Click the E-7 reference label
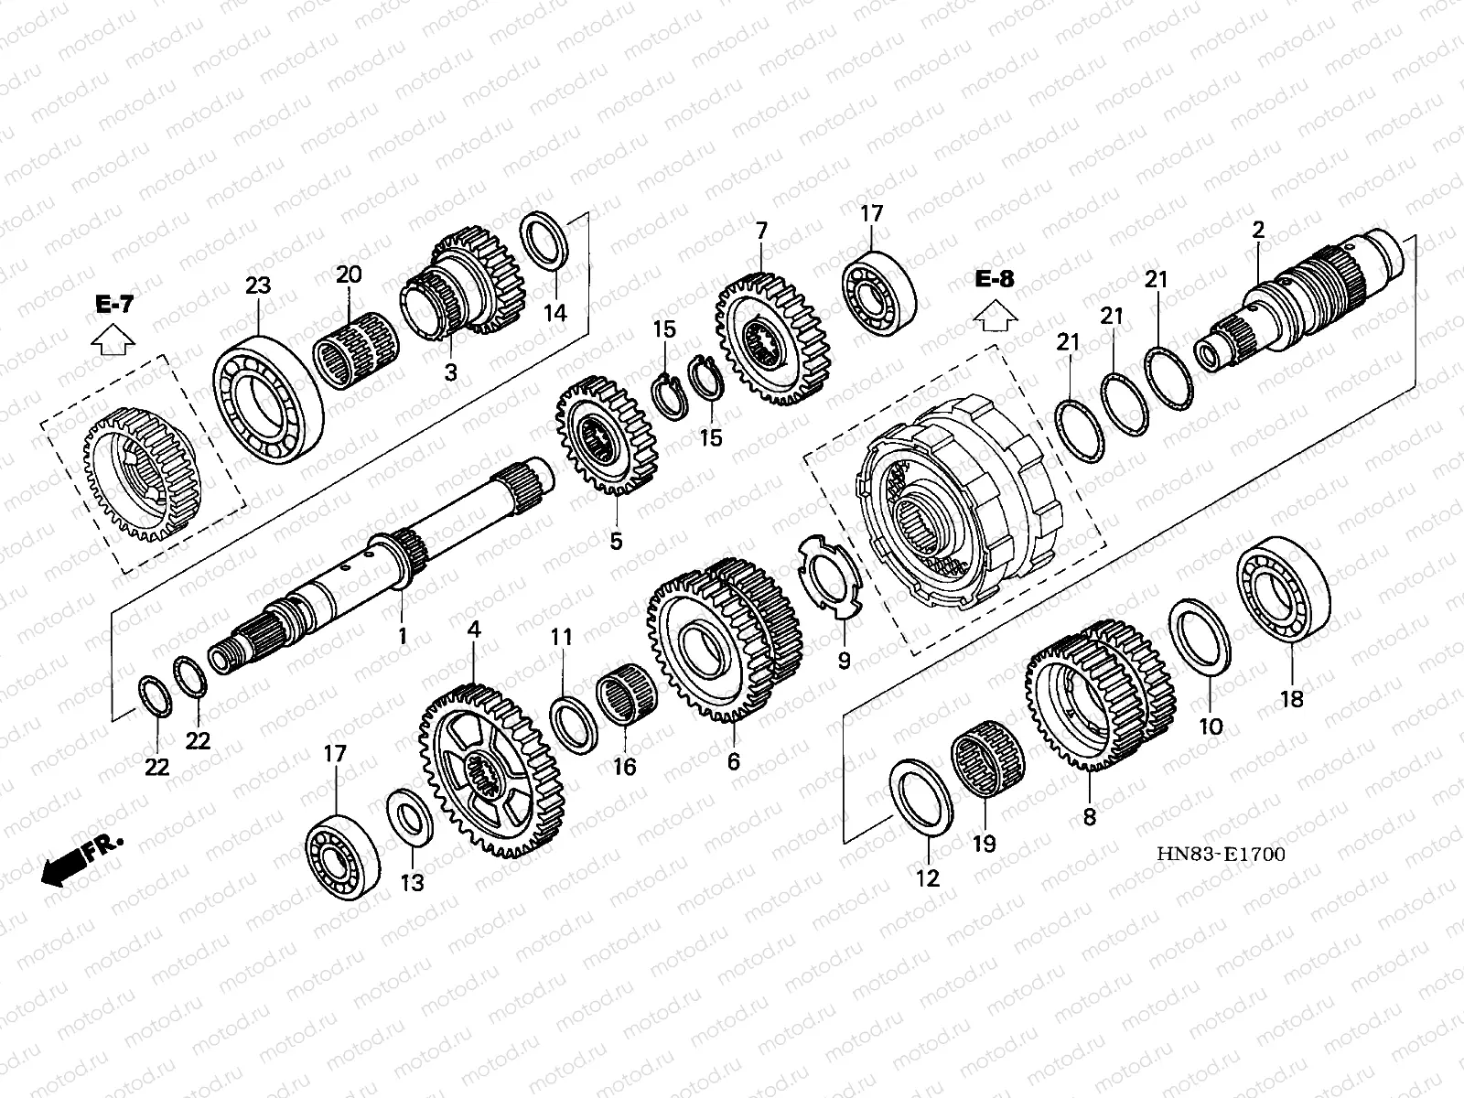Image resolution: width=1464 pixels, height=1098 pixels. [113, 305]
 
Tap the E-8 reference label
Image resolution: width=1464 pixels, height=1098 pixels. [994, 279]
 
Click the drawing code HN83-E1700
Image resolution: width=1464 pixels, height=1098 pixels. [1221, 854]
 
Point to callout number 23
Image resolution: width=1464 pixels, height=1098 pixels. [258, 285]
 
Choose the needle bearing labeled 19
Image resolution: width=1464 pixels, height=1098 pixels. [988, 760]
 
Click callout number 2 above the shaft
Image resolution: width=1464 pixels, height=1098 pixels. [1258, 231]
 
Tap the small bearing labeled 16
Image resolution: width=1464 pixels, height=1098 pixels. [629, 702]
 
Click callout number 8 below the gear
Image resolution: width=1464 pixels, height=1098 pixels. [1089, 816]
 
